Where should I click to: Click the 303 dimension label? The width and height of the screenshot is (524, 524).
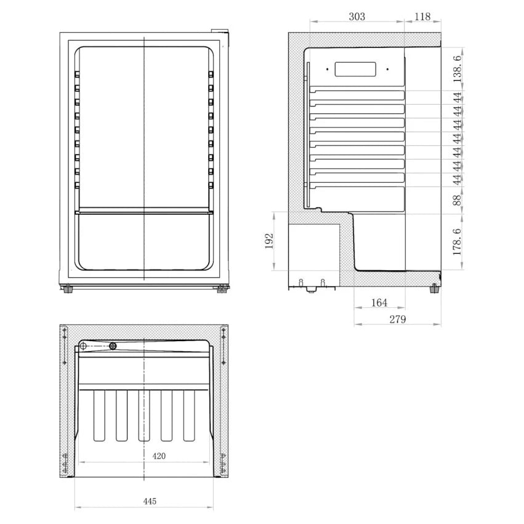click(357, 17)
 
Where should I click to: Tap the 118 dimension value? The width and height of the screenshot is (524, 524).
click(422, 17)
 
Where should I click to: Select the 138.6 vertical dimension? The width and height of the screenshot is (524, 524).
click(457, 68)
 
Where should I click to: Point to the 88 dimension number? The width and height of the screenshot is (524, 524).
click(457, 201)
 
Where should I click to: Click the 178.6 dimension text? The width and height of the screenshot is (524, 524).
click(457, 241)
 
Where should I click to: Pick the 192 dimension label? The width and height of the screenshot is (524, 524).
click(269, 241)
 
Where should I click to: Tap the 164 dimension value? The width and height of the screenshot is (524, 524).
click(379, 303)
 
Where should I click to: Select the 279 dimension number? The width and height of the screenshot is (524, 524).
click(398, 320)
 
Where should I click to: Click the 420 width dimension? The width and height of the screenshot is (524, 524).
click(159, 456)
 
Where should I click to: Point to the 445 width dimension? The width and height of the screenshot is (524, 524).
click(150, 501)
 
